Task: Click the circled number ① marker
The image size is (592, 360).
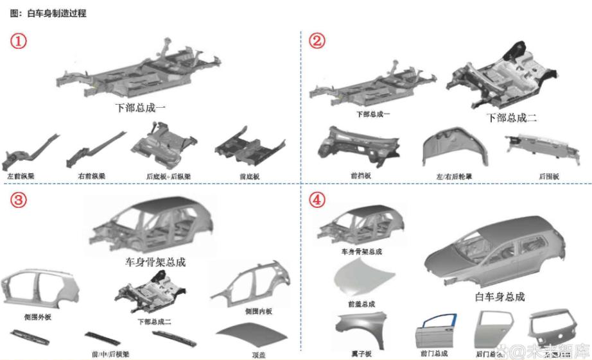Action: click(19, 41)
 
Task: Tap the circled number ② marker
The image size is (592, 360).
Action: click(317, 41)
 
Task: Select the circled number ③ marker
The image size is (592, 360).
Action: click(19, 200)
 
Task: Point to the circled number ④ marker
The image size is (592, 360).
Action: click(317, 200)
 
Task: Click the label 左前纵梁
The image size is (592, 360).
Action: click(21, 175)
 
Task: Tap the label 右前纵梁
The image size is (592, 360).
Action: click(91, 175)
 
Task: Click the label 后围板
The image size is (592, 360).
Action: click(549, 176)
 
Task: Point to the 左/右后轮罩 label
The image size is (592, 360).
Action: click(453, 176)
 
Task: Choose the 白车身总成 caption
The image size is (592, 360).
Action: click(500, 296)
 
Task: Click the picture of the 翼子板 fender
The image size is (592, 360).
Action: click(361, 330)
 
